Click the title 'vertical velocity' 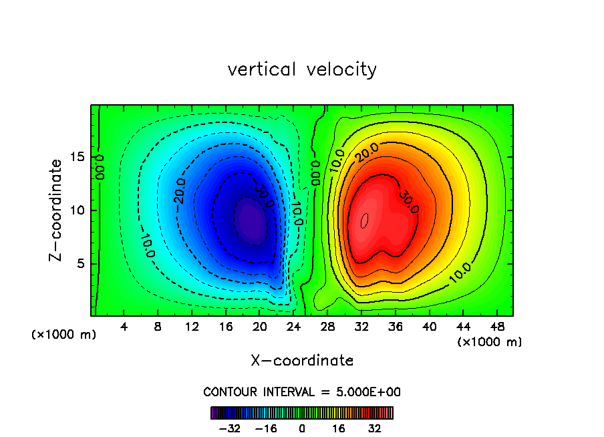302,69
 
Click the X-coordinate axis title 302,361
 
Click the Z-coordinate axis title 57,210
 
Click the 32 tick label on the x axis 361,327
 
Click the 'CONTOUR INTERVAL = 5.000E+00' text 302,392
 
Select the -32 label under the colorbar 230,428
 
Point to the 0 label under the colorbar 302,428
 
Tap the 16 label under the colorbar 339,428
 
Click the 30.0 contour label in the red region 409,202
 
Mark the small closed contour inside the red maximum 364,221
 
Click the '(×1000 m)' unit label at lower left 64,335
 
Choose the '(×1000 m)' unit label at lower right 490,342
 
